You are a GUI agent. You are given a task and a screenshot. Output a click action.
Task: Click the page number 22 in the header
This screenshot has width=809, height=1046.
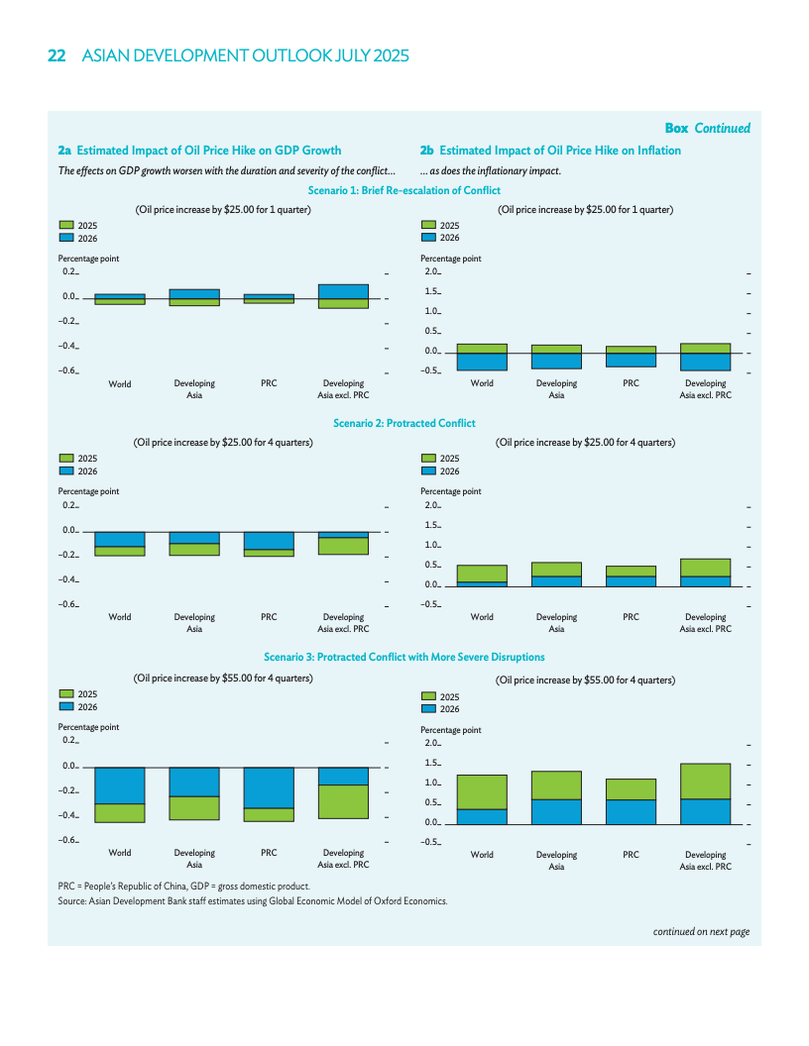57,56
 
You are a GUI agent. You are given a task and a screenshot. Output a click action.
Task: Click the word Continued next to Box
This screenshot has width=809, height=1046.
722,128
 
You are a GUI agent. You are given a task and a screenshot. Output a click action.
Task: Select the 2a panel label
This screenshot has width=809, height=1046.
64,151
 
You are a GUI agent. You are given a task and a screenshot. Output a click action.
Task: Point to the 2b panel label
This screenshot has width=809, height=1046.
427,151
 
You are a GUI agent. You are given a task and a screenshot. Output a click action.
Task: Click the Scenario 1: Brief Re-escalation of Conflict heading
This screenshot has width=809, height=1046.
404,190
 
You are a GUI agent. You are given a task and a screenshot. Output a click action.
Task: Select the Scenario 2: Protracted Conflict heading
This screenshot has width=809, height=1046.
404,423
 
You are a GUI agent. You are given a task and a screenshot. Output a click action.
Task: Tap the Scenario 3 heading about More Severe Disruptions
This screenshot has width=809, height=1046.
404,657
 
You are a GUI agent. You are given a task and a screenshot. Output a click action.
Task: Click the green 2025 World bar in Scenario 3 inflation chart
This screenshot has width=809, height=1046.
482,792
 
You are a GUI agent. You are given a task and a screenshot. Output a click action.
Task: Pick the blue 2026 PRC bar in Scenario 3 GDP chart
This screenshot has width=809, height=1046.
269,788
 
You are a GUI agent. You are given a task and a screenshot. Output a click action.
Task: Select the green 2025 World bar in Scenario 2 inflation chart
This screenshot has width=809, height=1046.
482,574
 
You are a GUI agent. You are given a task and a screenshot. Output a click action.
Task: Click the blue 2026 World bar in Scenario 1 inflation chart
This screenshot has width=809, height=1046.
482,362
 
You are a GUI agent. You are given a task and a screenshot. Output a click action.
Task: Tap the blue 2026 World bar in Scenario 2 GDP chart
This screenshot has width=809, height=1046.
120,539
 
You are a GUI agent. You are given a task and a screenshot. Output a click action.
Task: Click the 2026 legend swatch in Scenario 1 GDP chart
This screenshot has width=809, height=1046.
66,238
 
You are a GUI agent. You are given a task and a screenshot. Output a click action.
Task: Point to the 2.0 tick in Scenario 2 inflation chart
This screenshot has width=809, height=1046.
431,506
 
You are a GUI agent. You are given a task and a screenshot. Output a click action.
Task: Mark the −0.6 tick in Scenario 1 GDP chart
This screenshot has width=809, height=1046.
68,370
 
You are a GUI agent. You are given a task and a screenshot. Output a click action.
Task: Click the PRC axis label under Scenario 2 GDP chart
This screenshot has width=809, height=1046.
269,617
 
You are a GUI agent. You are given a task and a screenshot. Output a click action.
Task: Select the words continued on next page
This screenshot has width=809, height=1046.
701,931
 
